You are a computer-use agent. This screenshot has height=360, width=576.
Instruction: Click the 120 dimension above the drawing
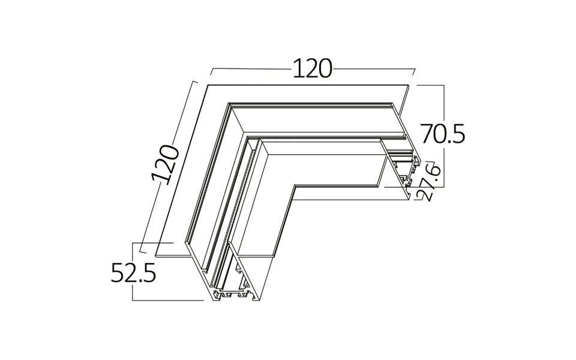point(312,68)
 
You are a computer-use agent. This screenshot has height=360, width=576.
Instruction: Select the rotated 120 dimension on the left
point(166,163)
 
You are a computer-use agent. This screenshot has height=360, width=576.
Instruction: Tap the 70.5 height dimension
point(442,133)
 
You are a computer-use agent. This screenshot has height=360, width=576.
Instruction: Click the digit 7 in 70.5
point(427,133)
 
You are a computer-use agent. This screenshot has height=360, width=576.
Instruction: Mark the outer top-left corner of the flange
point(208,85)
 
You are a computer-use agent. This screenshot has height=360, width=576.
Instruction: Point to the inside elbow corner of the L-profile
point(293,187)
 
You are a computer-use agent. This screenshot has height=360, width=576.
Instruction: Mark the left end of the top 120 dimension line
point(210,74)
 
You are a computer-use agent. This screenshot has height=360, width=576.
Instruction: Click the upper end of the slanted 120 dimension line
point(196,80)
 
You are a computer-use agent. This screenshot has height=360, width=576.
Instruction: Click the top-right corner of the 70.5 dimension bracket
point(445,86)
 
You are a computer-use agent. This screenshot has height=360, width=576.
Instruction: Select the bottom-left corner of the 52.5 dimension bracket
point(133,299)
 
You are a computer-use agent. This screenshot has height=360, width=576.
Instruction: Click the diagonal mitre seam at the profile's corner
point(240,120)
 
